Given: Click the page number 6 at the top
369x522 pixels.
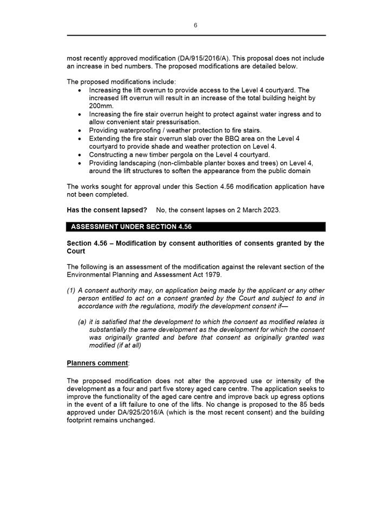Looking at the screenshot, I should [x=195, y=25].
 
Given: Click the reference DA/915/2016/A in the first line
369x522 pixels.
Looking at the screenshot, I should [x=202, y=58].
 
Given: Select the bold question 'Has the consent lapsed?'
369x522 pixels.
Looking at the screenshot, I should [x=107, y=210].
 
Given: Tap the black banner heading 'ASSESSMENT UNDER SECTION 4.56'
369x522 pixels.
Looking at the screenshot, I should [x=131, y=227].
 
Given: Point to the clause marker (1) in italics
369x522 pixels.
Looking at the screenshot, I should [x=71, y=290].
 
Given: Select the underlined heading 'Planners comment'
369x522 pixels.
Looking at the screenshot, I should [x=97, y=362].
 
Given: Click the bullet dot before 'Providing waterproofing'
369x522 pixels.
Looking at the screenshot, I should [x=81, y=131].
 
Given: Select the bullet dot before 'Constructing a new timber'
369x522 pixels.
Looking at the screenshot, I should [x=81, y=155].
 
